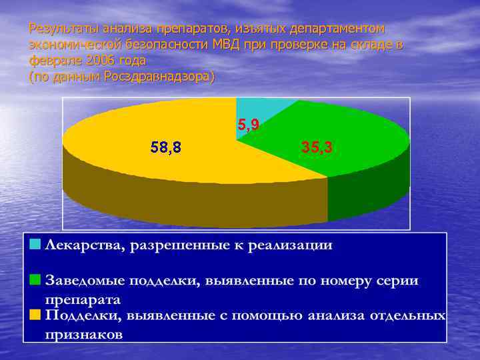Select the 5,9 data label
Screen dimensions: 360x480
tap(249, 124)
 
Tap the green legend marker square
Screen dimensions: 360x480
tap(35, 279)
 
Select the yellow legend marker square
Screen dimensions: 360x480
tap(35, 314)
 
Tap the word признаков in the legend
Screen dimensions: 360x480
tap(83, 334)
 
